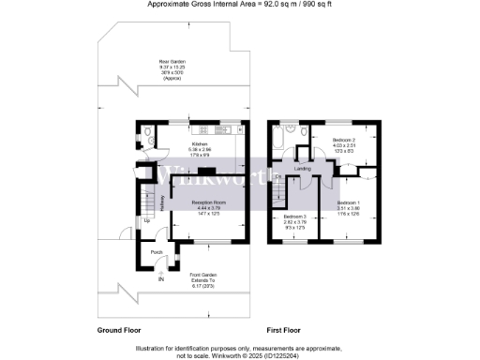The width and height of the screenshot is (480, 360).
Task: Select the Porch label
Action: coord(157,251)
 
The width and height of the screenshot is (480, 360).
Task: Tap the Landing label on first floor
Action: coord(302,169)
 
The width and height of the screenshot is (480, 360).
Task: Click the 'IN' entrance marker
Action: coord(160,279)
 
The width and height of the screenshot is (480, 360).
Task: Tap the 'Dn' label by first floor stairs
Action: coord(278,176)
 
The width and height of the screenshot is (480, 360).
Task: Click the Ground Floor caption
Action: coord(120,331)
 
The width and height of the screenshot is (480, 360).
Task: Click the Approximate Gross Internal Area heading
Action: coord(240,5)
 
